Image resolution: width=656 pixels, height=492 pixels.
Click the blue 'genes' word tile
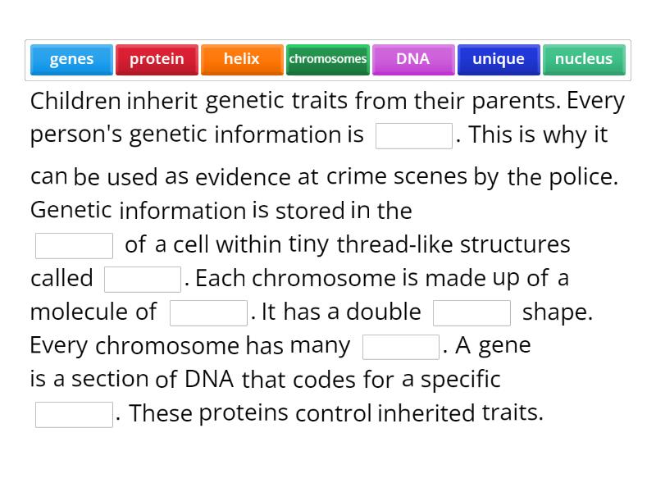tap(71, 59)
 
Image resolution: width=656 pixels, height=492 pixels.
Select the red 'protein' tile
tap(157, 59)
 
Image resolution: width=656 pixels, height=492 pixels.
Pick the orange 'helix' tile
tap(242, 59)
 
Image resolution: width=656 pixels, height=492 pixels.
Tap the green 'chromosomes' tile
tap(327, 59)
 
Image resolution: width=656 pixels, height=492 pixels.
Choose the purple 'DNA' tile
tap(412, 59)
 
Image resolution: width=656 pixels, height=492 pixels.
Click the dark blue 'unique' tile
tap(498, 59)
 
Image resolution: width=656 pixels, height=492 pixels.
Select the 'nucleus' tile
tap(583, 59)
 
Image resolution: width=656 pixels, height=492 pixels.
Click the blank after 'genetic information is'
tap(413, 136)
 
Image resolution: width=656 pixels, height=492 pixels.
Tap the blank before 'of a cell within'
tap(74, 245)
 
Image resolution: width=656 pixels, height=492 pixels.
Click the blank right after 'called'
tap(142, 280)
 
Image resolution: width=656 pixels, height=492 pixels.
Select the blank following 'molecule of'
tap(208, 313)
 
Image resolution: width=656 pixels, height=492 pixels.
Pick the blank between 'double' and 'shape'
tap(471, 313)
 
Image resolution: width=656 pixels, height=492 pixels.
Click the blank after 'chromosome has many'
tap(400, 347)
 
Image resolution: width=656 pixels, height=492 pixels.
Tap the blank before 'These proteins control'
tap(74, 414)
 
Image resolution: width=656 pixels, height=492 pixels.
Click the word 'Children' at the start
tap(75, 102)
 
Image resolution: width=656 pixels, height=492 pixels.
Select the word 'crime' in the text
tap(352, 176)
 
